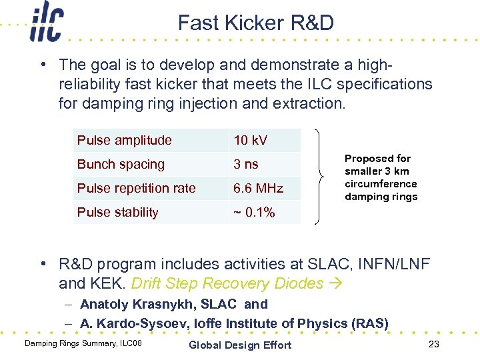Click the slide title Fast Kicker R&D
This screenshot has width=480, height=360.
pyautogui.click(x=256, y=23)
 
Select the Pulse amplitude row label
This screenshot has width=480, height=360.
pyautogui.click(x=125, y=140)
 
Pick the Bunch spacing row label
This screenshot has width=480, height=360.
pyautogui.click(x=121, y=164)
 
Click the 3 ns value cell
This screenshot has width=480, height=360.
pyautogui.click(x=246, y=164)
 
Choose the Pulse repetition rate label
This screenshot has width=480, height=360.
pyautogui.click(x=136, y=188)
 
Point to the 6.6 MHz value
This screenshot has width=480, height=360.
pyautogui.click(x=258, y=188)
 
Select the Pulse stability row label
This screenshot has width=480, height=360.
pyautogui.click(x=118, y=212)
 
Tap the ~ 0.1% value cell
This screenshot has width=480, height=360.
pyautogui.click(x=254, y=212)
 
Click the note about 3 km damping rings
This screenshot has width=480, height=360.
pyautogui.click(x=381, y=177)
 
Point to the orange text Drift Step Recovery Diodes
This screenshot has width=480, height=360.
pyautogui.click(x=227, y=283)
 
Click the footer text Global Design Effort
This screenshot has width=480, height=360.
pyautogui.click(x=240, y=345)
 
